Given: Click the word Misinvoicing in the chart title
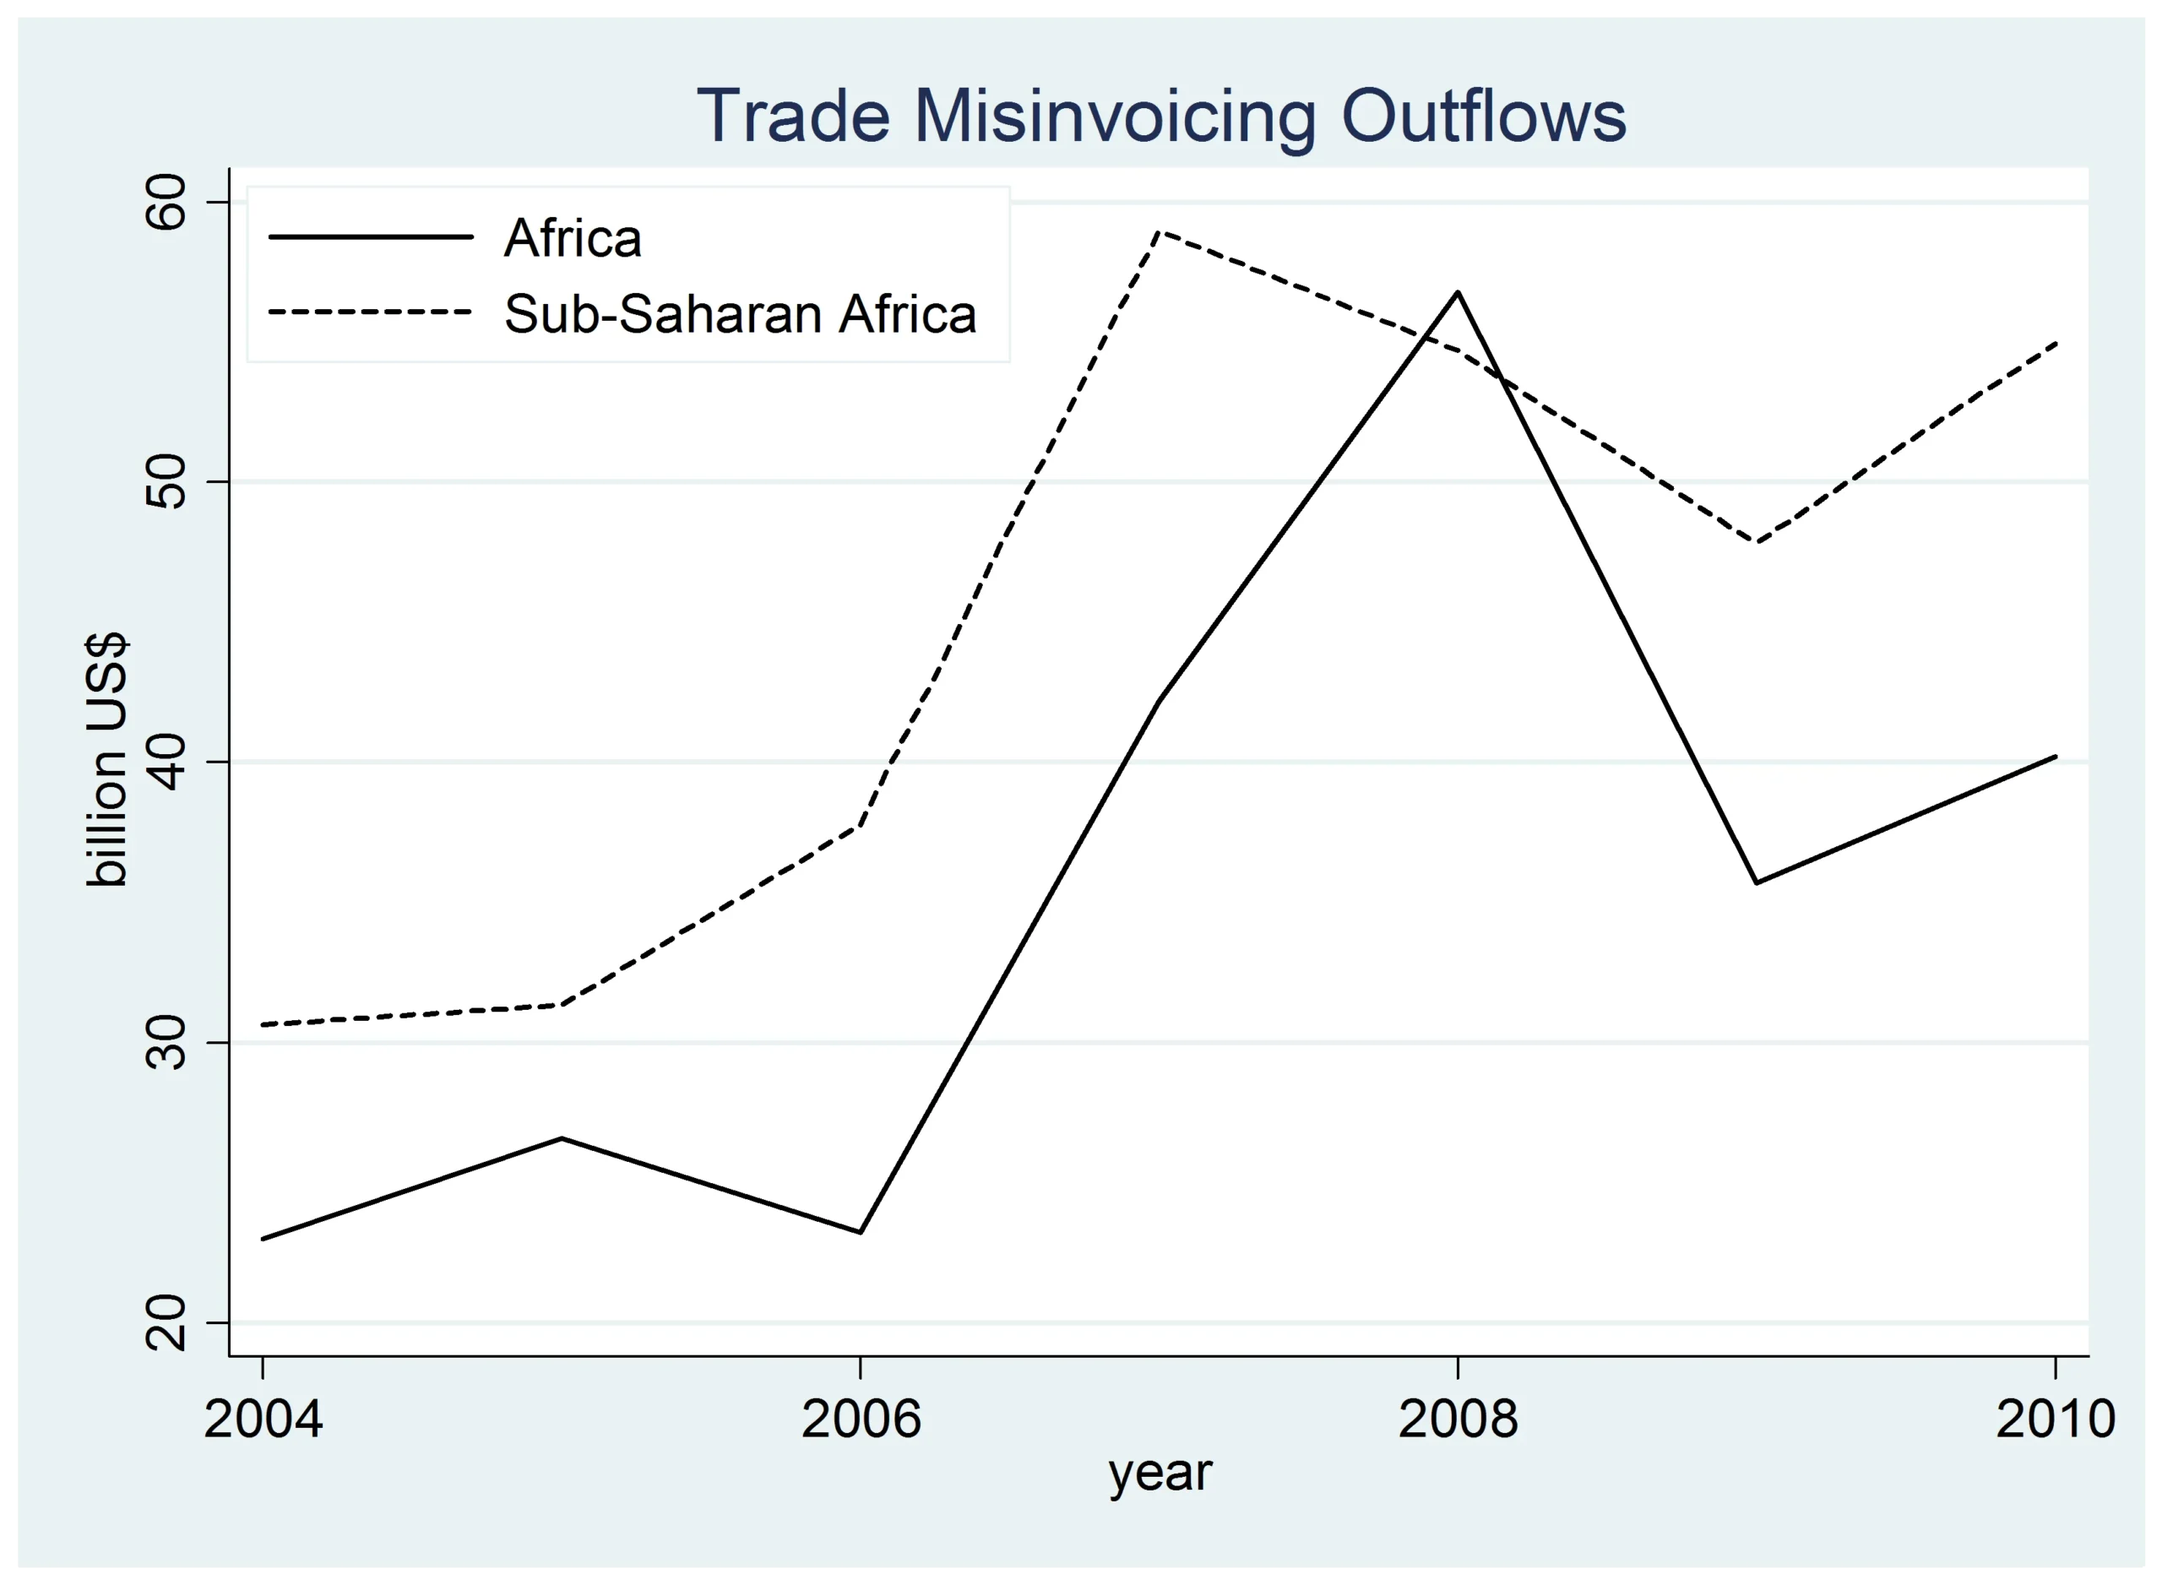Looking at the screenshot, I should pyautogui.click(x=1113, y=117).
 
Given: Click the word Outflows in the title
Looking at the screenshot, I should pyautogui.click(x=1483, y=117).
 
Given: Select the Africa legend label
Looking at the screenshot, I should pyautogui.click(x=572, y=238).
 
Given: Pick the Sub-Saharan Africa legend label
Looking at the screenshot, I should pyautogui.click(x=740, y=314).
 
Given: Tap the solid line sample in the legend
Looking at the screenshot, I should pyautogui.click(x=371, y=237).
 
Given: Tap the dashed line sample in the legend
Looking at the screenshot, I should pyautogui.click(x=371, y=312).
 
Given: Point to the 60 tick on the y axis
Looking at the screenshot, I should pyautogui.click(x=165, y=203).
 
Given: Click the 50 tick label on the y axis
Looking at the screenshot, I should pyautogui.click(x=165, y=481).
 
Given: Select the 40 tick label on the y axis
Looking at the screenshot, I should pyautogui.click(x=165, y=763).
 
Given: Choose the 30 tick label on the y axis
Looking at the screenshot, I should pyautogui.click(x=165, y=1043).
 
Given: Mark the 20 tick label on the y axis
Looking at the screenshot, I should pyautogui.click(x=165, y=1323).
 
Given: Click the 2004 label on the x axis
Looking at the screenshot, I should pyautogui.click(x=263, y=1419).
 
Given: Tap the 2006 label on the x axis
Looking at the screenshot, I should pyautogui.click(x=861, y=1419).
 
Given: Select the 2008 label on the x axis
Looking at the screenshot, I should pyautogui.click(x=1458, y=1419).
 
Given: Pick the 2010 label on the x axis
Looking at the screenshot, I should pyautogui.click(x=2055, y=1419).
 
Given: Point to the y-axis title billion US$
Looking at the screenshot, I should pyautogui.click(x=107, y=761).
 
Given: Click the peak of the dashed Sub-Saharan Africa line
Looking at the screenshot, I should pyautogui.click(x=1160, y=231).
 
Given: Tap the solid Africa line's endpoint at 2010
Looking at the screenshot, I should pyautogui.click(x=2056, y=756).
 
